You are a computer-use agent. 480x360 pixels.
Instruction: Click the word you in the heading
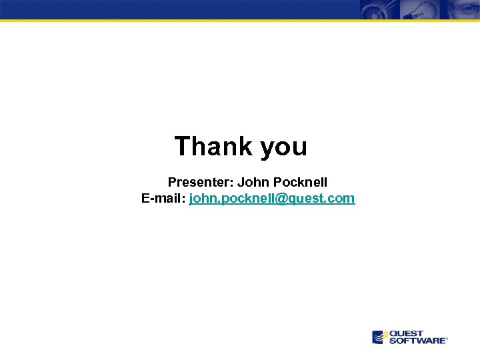click(284, 147)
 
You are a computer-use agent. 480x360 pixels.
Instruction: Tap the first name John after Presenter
click(253, 181)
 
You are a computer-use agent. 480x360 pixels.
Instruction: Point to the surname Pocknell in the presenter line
click(300, 181)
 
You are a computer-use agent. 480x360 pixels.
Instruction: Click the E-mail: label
click(164, 198)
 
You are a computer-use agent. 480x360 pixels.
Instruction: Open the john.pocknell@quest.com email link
click(272, 198)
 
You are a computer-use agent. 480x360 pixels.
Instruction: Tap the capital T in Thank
click(182, 146)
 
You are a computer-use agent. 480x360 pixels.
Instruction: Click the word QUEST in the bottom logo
click(407, 333)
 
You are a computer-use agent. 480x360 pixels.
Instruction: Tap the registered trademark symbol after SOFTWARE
click(447, 339)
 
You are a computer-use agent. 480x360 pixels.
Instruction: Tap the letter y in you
click(267, 149)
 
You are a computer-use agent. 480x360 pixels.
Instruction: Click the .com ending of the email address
click(343, 198)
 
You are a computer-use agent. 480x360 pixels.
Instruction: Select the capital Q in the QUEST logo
click(393, 333)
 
